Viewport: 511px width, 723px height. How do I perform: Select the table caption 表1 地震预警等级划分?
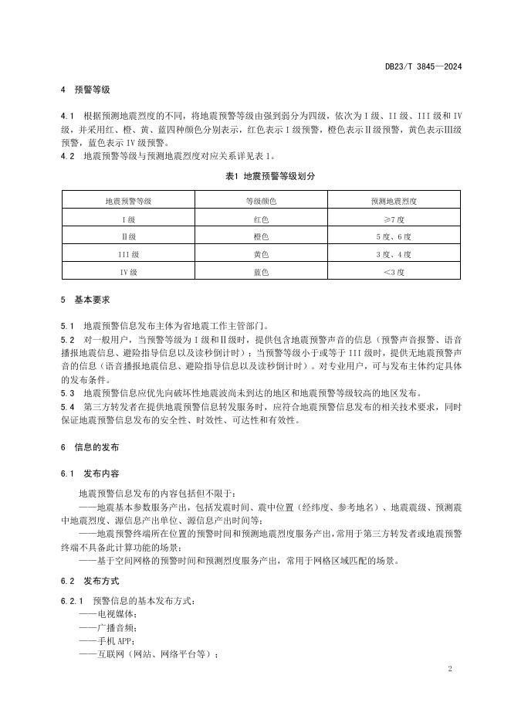click(261, 177)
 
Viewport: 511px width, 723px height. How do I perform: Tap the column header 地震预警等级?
click(128, 201)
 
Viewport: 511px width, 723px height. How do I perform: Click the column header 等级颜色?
click(261, 201)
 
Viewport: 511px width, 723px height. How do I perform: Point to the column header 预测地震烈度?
click(394, 201)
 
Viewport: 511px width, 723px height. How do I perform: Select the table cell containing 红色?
click(261, 219)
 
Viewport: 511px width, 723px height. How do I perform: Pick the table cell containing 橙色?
click(261, 236)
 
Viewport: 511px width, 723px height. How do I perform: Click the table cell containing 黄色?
click(261, 253)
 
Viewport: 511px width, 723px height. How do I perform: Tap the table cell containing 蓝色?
click(261, 271)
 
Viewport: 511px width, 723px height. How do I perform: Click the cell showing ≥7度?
click(394, 219)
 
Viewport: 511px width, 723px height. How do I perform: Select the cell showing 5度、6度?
click(394, 236)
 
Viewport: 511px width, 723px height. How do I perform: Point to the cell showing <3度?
click(394, 271)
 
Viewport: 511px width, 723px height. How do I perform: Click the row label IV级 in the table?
click(128, 271)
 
